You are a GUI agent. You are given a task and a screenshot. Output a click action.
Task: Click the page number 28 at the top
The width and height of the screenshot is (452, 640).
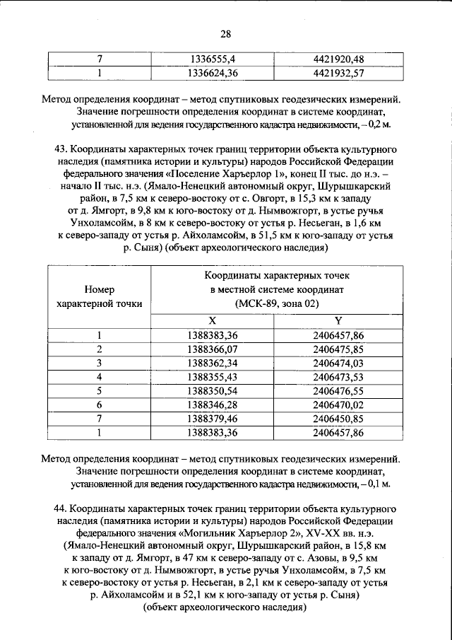[226, 34]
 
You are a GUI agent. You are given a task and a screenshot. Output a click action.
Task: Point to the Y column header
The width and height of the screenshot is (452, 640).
[338, 320]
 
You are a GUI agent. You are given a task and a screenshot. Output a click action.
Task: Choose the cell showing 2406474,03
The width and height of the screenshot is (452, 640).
[338, 362]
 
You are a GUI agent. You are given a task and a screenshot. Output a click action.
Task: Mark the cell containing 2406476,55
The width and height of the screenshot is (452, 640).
[338, 390]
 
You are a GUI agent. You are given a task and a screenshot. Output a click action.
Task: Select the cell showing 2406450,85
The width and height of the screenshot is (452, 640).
[338, 417]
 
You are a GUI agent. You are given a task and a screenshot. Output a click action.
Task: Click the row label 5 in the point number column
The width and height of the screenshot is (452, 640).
[100, 390]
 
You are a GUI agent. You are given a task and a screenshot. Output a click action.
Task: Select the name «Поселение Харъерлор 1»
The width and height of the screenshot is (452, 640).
[226, 170]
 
